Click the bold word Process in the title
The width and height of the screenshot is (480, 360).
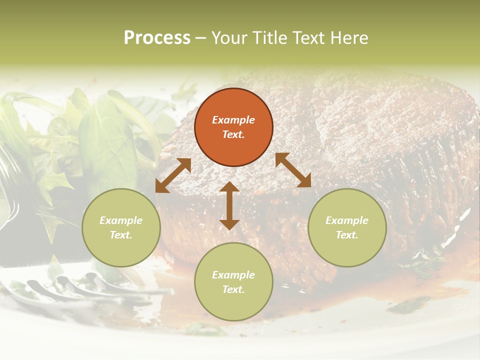click(157, 38)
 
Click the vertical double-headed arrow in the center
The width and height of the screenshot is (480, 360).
click(229, 206)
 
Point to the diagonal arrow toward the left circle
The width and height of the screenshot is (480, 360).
click(173, 175)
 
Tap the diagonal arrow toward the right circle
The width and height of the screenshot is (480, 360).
click(293, 170)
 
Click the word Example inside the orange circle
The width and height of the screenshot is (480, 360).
click(233, 120)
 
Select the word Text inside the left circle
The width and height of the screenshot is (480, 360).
click(120, 235)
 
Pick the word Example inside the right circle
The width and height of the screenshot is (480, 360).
click(347, 220)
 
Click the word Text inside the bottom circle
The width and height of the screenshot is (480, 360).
click(233, 289)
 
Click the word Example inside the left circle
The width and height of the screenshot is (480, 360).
click(121, 220)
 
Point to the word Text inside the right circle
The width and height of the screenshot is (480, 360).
click(346, 235)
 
